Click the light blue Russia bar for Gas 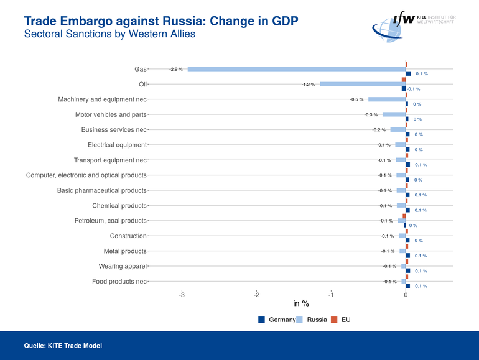[296, 69]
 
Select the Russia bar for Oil [363, 84]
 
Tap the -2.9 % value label [176, 69]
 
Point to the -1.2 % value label [309, 84]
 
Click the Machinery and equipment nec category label [102, 99]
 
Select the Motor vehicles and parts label [111, 114]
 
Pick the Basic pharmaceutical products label [101, 190]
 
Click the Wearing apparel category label [123, 266]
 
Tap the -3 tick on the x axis [182, 295]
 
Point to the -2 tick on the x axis [256, 295]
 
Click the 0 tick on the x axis [406, 295]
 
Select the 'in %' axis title [301, 304]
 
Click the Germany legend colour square [262, 320]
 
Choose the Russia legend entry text [317, 320]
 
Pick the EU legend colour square [334, 320]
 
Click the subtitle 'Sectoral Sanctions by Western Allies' [109, 34]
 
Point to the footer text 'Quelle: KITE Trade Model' [63, 345]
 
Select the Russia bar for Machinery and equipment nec [386, 99]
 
